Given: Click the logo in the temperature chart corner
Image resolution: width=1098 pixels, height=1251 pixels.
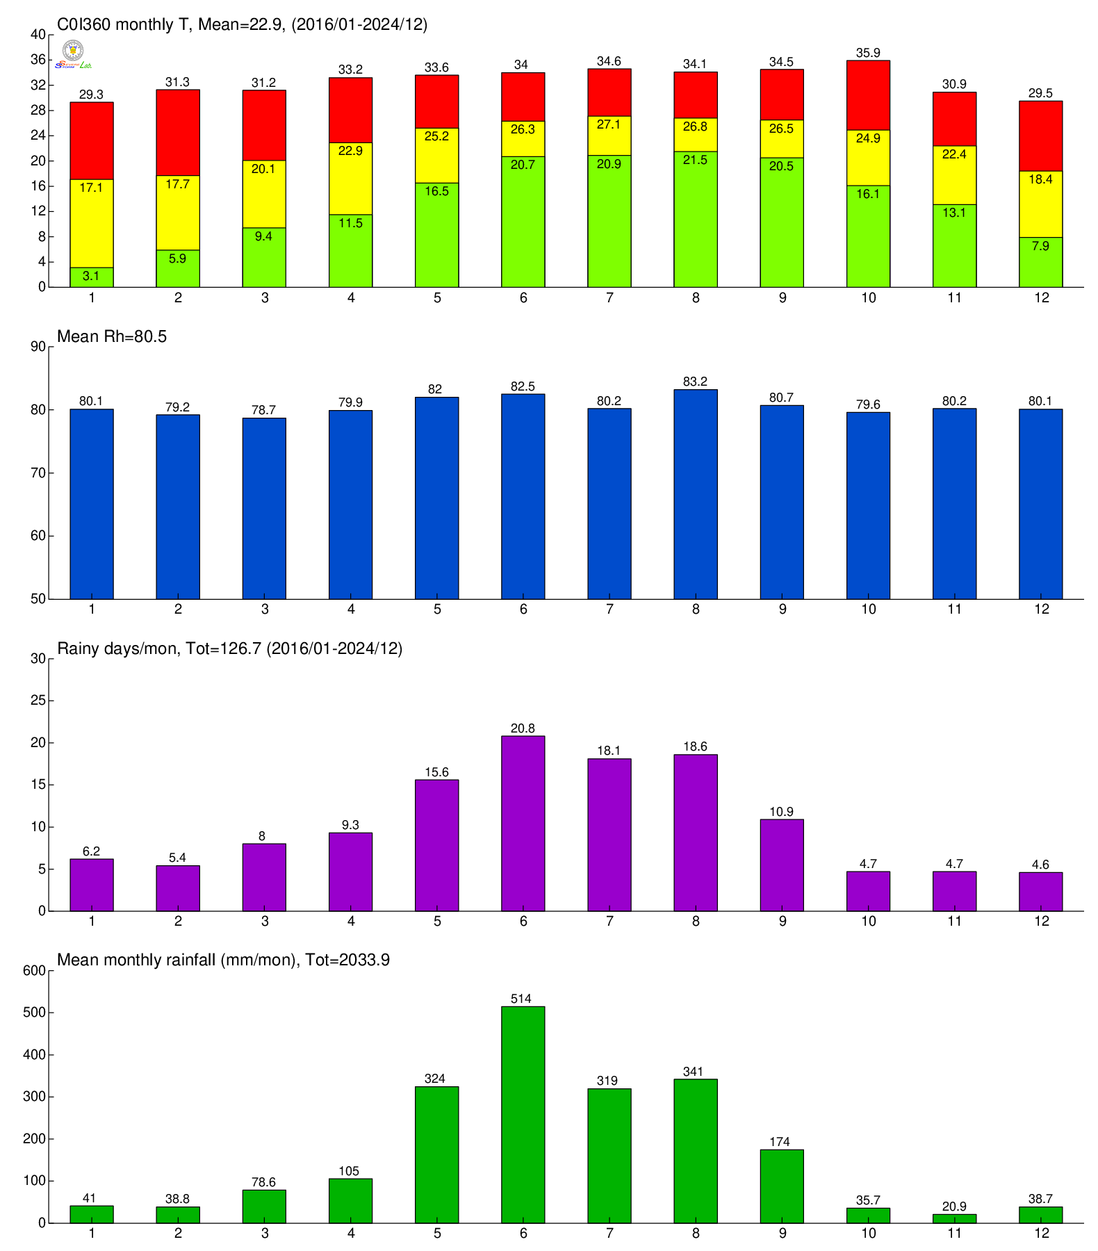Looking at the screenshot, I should tap(73, 54).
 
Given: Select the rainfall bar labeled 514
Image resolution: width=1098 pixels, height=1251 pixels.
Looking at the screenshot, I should tap(523, 1114).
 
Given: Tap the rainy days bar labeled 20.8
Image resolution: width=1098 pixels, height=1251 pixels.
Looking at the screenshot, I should tap(523, 823).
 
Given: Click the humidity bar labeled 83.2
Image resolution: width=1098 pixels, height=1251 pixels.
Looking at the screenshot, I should tap(696, 494).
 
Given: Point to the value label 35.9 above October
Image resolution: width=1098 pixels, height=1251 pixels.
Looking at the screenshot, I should tap(868, 53).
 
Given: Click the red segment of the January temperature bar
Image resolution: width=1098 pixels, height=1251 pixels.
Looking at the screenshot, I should tap(92, 140).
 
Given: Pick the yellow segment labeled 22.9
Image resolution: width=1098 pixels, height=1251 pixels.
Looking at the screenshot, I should tap(350, 179).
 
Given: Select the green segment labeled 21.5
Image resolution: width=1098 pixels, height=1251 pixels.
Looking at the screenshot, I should tap(696, 219).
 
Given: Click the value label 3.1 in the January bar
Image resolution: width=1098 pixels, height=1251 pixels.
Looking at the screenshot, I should tap(91, 276).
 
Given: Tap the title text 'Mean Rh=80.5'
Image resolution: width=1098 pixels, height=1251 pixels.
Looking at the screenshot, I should tap(112, 337).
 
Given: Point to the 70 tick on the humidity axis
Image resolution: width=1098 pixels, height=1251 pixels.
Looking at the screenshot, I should tap(38, 473).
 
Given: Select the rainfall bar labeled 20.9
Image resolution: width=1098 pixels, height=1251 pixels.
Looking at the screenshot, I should tap(954, 1218).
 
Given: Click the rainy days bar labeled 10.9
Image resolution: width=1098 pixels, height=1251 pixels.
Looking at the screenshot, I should tap(782, 865).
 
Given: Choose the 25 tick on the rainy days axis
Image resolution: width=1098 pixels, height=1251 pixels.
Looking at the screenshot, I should tap(38, 701).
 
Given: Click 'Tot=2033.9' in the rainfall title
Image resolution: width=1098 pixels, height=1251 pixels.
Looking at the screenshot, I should tap(347, 960).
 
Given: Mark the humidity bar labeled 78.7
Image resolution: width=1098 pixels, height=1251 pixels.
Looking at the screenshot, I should tap(264, 508).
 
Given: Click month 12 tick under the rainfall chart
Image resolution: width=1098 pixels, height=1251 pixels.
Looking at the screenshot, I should tap(1041, 1233).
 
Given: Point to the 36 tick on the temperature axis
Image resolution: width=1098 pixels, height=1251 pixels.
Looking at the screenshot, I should tap(38, 60).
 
